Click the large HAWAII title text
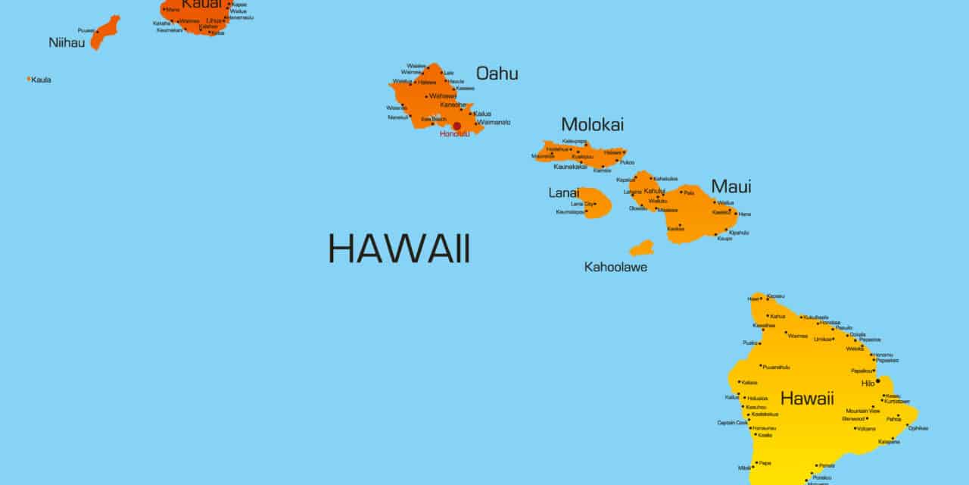[x=399, y=249]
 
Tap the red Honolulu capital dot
[x=457, y=126]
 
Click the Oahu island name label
[x=497, y=74]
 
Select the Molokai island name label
[x=592, y=124]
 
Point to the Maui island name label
[x=731, y=186]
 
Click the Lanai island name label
[x=563, y=193]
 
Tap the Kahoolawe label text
[x=615, y=267]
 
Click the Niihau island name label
[x=67, y=42]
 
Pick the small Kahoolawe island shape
[x=641, y=248]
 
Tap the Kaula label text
[x=42, y=80]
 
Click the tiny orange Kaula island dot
[x=29, y=79]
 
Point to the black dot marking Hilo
[x=878, y=381]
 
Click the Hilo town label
[x=868, y=383]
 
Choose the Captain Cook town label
[x=732, y=423]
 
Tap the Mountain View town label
[x=863, y=411]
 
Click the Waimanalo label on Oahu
[x=494, y=122]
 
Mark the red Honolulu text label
[x=454, y=134]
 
